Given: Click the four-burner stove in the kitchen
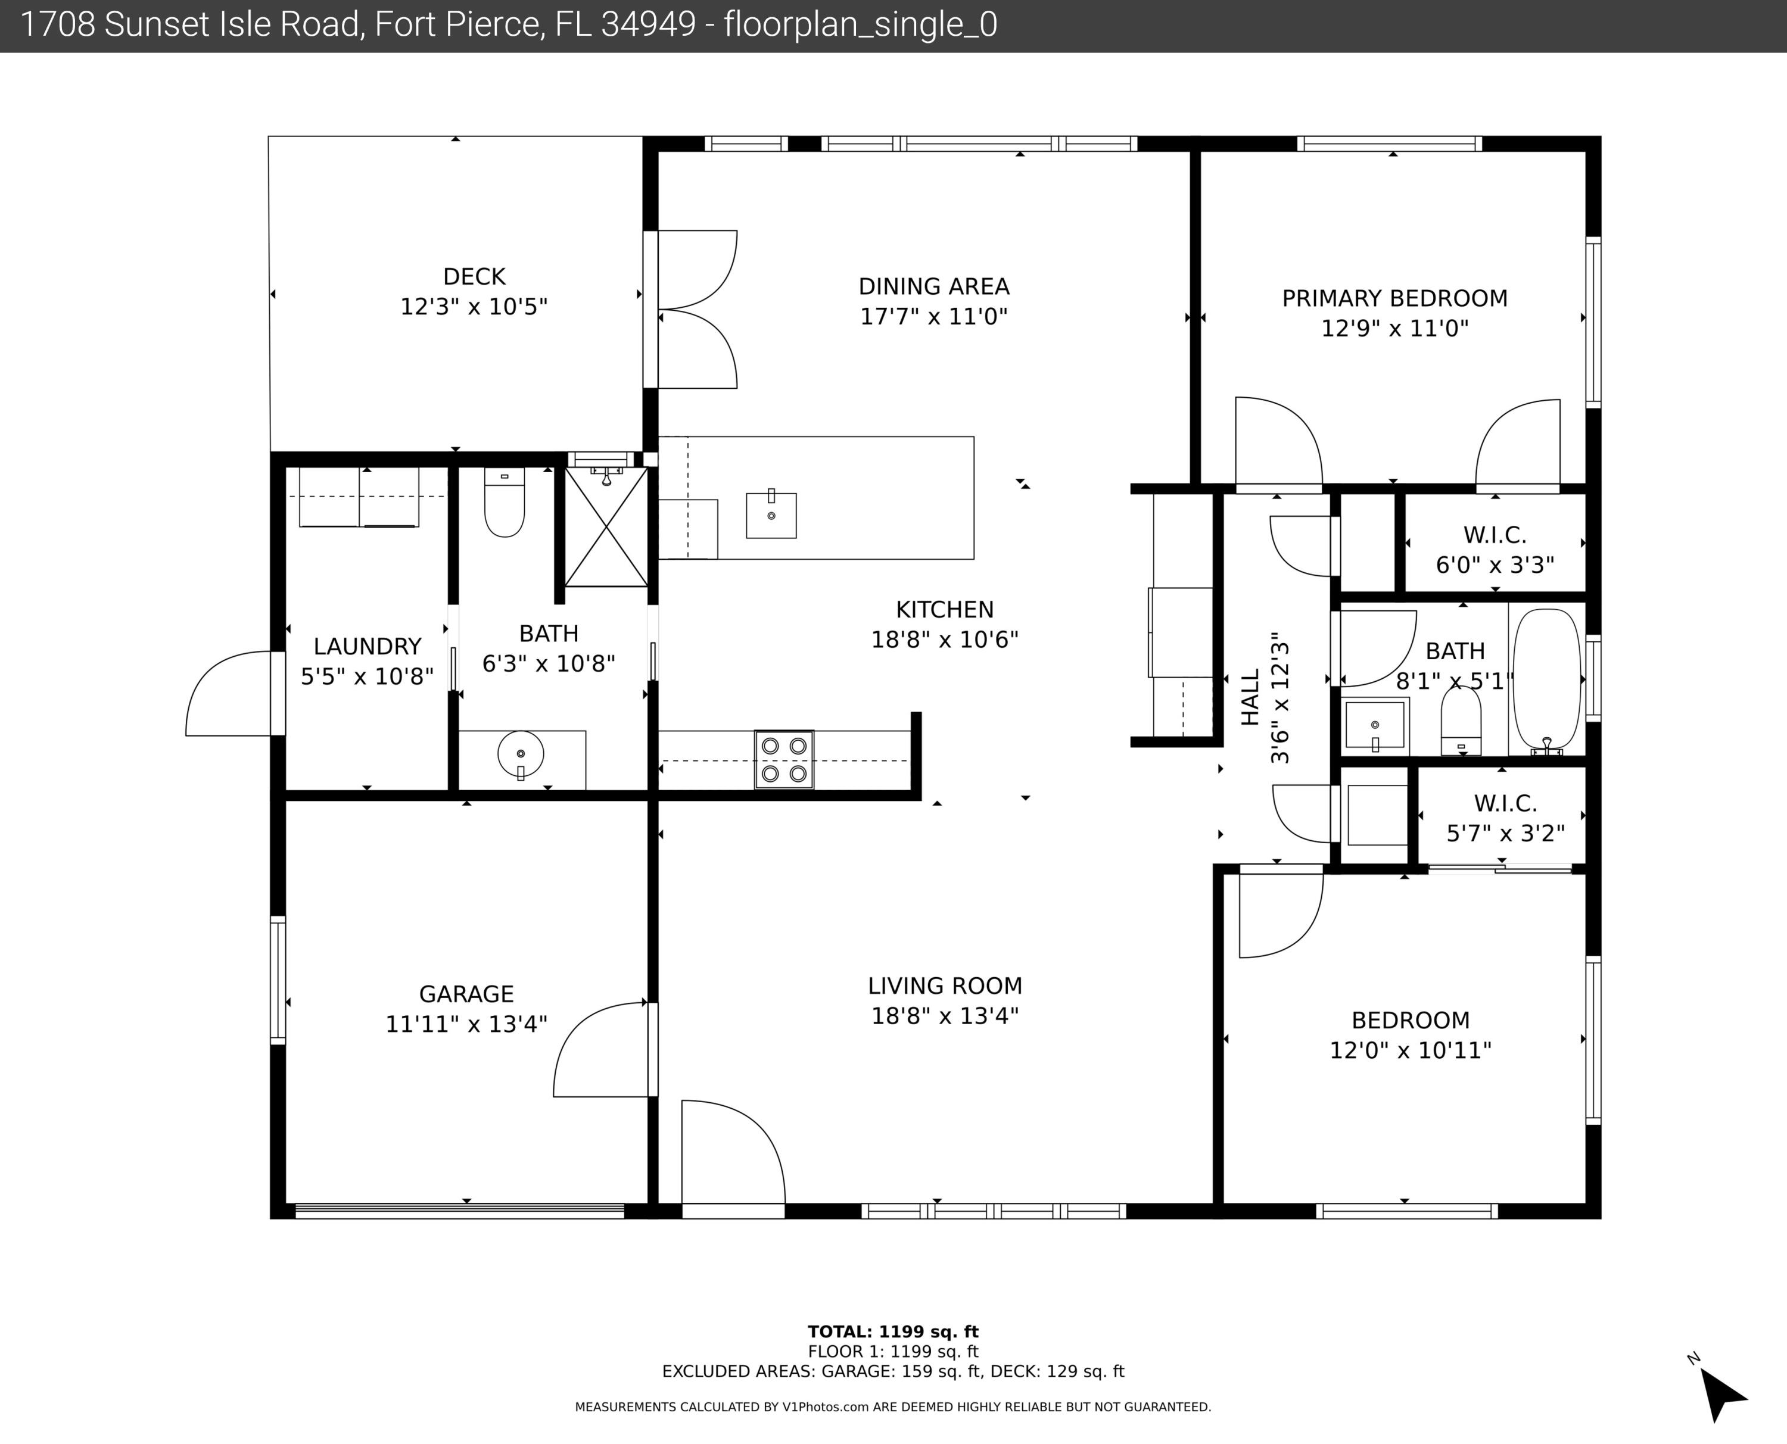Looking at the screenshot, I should [784, 759].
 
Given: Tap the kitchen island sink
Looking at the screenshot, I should [771, 515].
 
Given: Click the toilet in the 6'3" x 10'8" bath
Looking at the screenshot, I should [504, 504].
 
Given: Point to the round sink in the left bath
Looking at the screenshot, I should [521, 755].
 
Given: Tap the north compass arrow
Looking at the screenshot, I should [1722, 1395].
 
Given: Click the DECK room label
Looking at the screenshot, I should [474, 276].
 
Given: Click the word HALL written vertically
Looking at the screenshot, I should [1250, 697].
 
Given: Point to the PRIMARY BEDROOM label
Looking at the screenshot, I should [1394, 298].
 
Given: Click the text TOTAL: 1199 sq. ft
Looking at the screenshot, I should [893, 1331].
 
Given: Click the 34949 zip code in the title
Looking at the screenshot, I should [648, 25].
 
